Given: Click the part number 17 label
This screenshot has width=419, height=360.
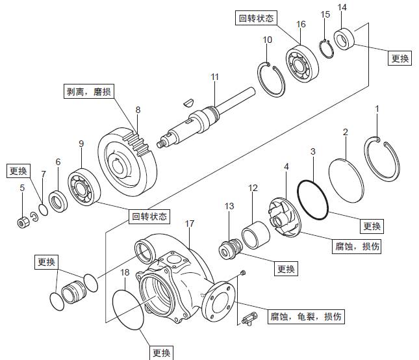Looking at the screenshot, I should [189, 224].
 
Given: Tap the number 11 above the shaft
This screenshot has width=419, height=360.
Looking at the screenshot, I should [215, 77].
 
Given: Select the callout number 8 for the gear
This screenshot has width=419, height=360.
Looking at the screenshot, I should [138, 110].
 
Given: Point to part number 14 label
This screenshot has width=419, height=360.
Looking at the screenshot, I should [343, 7].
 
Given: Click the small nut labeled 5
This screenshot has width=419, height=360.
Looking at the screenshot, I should [22, 223].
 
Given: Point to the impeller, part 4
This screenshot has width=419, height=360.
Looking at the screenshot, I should [283, 215].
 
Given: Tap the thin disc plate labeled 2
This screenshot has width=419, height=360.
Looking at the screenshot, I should [347, 173].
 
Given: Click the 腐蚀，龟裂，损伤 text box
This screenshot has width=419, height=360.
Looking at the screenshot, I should [306, 318].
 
